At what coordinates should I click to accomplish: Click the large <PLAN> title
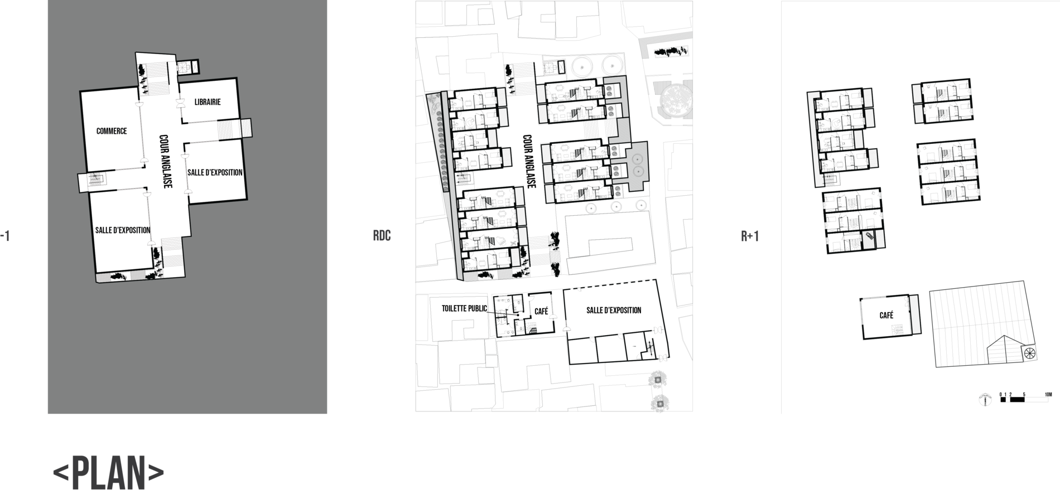pos(108,473)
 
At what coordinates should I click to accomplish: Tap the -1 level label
pos(5,236)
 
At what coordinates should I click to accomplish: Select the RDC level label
pos(382,236)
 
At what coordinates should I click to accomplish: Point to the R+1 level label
pos(750,236)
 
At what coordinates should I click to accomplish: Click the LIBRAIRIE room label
pos(208,102)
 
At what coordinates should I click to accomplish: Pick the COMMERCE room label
pos(112,131)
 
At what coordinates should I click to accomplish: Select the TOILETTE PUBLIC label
pos(464,308)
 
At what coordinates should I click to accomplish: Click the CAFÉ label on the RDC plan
pos(541,312)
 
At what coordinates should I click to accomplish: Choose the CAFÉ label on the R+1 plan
pos(886,316)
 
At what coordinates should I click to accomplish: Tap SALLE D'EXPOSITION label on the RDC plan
pos(614,310)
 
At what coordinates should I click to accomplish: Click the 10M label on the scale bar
pos(1047,395)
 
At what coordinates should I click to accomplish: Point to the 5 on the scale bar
pos(1024,395)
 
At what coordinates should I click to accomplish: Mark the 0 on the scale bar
pos(1001,395)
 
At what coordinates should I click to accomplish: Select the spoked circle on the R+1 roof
pos(1029,352)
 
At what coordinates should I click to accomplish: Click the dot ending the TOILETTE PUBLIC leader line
pos(517,316)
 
